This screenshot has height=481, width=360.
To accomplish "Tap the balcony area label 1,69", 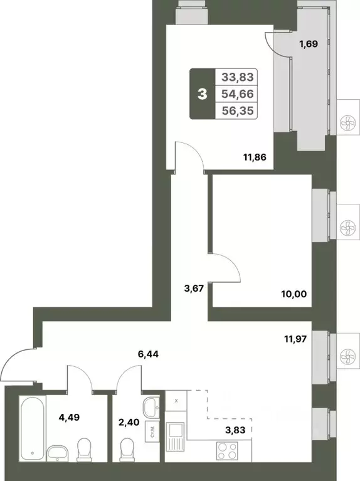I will point(307,45).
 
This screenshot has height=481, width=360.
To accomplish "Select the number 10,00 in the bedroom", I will point(294,293).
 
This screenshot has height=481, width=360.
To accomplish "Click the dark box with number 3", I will point(202,95).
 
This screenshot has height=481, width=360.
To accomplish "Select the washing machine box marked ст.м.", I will point(152,431).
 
